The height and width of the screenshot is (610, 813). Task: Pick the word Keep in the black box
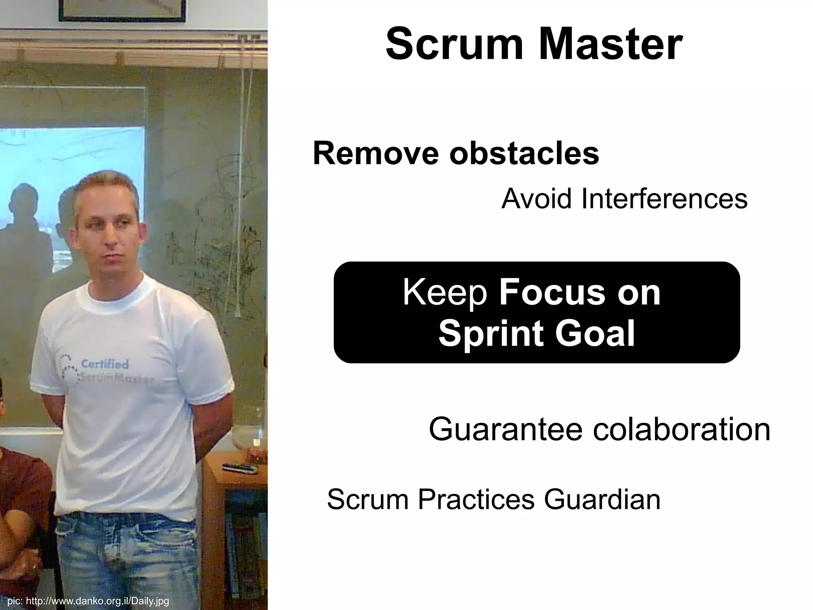pyautogui.click(x=445, y=293)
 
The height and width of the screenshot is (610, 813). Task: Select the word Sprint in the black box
pyautogui.click(x=491, y=334)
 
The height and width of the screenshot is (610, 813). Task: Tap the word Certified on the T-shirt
pyautogui.click(x=105, y=364)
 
